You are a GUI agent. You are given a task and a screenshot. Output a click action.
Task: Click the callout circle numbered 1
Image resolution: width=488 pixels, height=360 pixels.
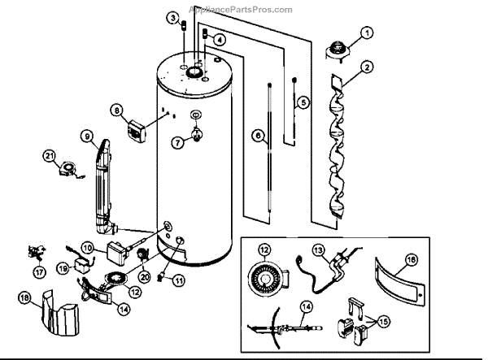click(367, 33)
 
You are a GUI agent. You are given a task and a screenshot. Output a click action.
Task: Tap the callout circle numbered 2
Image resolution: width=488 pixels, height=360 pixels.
click(368, 67)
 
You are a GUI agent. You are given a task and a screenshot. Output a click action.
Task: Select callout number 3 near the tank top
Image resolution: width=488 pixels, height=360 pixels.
click(172, 18)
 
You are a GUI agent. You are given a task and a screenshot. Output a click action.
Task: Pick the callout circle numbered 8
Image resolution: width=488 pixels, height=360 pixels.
click(117, 110)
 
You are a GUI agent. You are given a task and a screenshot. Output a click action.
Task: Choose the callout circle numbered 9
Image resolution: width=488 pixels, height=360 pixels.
click(86, 136)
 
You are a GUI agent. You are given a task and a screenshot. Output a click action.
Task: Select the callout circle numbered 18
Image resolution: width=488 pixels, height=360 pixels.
click(24, 299)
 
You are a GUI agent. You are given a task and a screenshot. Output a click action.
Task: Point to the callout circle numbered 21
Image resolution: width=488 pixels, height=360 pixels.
click(50, 155)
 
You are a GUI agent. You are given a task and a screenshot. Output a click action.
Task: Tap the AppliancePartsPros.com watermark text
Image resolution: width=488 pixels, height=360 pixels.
click(240, 10)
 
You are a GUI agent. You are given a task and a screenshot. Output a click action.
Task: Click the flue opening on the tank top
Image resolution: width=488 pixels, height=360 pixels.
click(195, 73)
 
